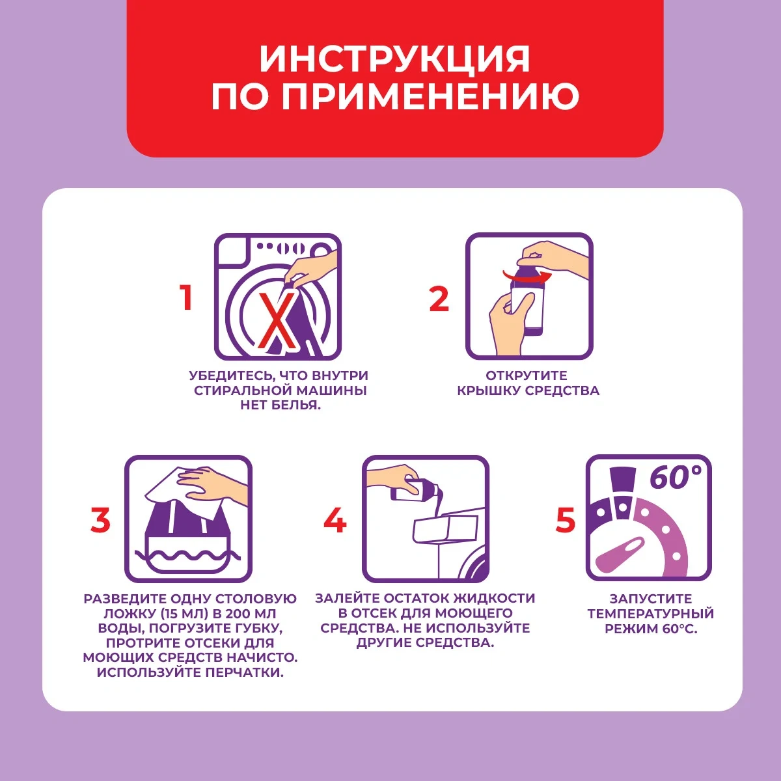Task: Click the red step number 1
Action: coord(186,298)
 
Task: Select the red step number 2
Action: coord(439,299)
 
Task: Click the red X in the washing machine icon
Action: coord(277,320)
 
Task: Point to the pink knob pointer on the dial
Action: coord(620,553)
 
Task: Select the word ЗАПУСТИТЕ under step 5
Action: coord(651,599)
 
